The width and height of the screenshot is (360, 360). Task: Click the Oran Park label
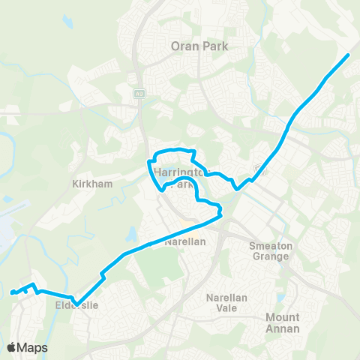click(x=199, y=45)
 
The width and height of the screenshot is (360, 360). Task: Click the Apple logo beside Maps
click(x=13, y=347)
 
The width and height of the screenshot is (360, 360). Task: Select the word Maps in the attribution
click(x=34, y=347)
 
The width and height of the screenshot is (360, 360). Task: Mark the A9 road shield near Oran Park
click(x=139, y=94)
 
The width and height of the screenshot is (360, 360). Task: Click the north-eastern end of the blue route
click(x=349, y=55)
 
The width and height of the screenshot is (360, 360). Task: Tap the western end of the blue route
click(x=13, y=293)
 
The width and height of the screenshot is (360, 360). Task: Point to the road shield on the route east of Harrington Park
click(x=259, y=168)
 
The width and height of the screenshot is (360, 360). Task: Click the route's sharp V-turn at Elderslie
click(x=76, y=304)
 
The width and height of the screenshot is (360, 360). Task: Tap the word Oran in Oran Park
click(x=185, y=45)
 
